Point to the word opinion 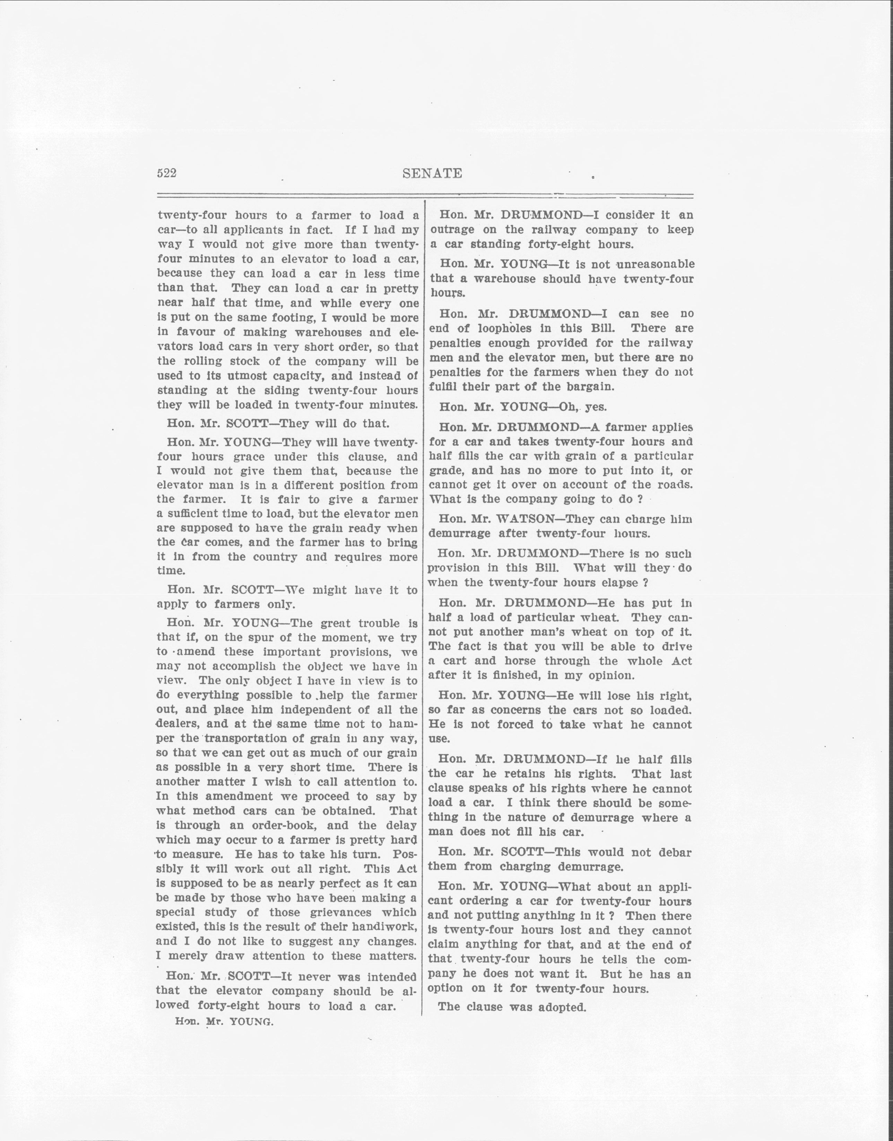coord(608,675)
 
